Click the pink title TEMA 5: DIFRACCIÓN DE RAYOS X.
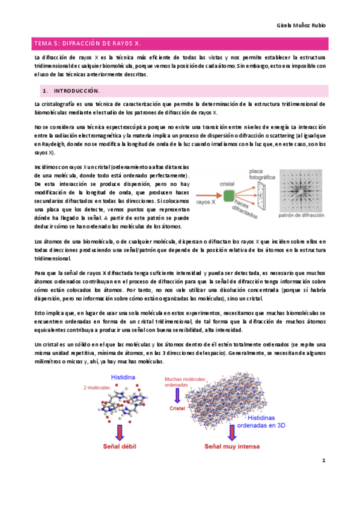87,43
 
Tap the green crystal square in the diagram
229,194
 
